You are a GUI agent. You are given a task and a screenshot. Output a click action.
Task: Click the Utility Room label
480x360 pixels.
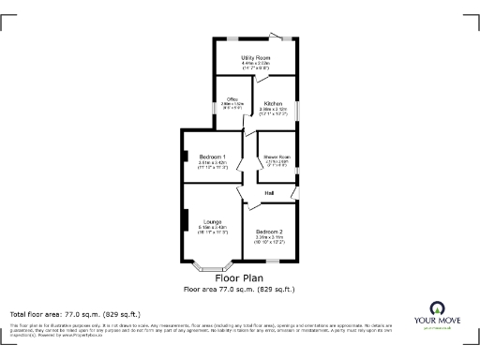click(256, 57)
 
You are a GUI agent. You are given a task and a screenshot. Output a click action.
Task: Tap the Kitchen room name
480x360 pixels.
click(274, 103)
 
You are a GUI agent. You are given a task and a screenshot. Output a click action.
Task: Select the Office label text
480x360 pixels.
click(231, 100)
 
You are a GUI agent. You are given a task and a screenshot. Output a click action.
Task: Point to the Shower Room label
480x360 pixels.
click(277, 156)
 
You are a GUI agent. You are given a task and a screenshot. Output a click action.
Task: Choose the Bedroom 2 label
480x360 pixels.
click(269, 231)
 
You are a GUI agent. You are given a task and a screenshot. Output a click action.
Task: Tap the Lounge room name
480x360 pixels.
click(212, 221)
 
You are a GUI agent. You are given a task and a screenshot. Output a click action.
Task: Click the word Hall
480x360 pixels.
click(269, 193)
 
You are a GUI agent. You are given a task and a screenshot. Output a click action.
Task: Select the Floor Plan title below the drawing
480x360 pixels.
click(239, 277)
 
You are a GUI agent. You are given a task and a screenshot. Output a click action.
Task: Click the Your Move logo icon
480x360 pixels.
click(436, 308)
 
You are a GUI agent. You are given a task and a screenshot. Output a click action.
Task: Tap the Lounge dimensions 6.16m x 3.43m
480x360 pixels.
click(213, 227)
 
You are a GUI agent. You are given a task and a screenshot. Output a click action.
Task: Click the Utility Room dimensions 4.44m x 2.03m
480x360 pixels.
click(256, 63)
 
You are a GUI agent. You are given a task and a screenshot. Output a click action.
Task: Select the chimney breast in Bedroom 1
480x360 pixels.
click(186, 157)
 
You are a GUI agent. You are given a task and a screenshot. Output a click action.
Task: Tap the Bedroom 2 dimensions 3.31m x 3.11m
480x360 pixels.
click(269, 237)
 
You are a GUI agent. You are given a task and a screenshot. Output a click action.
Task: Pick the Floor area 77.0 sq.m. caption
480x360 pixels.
click(239, 290)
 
